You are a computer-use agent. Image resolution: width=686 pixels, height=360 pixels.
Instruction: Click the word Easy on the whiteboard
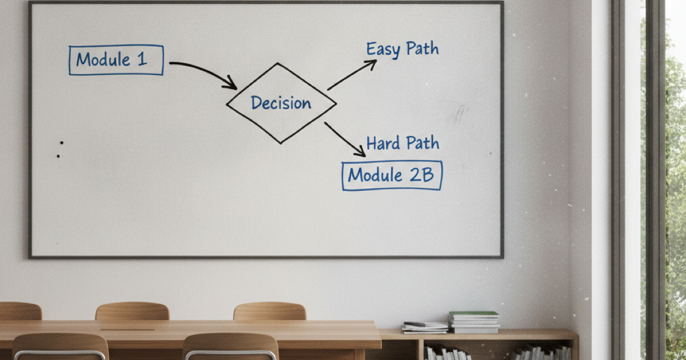click(x=383, y=49)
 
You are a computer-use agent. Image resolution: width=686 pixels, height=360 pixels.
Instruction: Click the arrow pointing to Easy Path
click(x=352, y=75)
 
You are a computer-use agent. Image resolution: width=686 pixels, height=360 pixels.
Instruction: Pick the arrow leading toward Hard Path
click(x=345, y=139)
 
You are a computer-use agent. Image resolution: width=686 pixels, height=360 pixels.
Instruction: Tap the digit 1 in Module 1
click(x=142, y=58)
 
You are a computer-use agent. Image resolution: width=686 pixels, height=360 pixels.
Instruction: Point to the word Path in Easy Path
click(x=422, y=49)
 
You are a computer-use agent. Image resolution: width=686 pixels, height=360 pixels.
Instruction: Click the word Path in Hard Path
click(x=423, y=143)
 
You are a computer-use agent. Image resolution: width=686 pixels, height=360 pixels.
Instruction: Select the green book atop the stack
click(x=473, y=314)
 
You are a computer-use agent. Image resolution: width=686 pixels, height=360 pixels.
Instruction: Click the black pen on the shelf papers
click(x=414, y=324)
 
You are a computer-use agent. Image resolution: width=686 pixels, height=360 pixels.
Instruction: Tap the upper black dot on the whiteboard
click(x=62, y=143)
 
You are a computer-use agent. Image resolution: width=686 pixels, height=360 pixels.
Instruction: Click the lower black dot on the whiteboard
click(x=58, y=156)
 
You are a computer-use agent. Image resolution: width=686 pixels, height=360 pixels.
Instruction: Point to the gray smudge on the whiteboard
click(x=458, y=114)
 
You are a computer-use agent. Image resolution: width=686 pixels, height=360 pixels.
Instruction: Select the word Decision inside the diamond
click(x=281, y=103)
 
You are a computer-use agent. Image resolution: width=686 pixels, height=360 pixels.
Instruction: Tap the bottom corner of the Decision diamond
click(x=281, y=143)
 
